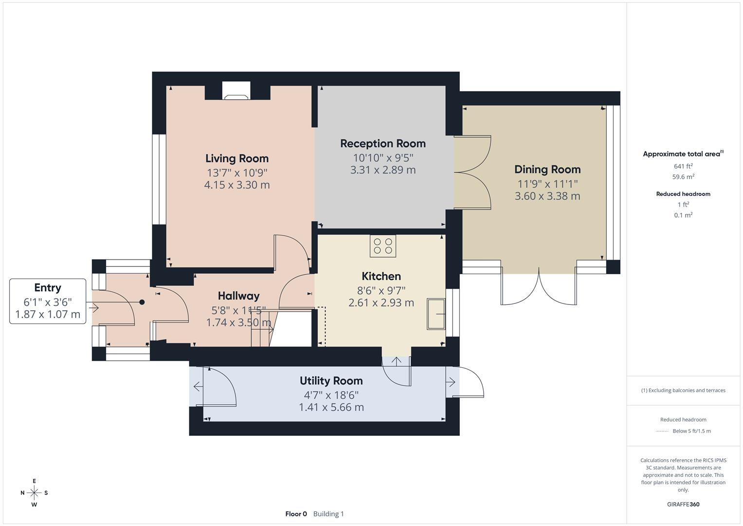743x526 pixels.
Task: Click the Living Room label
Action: point(236,158)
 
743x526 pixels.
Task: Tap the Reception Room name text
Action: point(382,144)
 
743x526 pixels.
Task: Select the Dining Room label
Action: point(547,169)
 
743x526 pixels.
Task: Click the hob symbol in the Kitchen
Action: point(383,246)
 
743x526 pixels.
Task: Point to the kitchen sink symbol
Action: point(436,314)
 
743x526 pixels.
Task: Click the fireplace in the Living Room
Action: point(236,91)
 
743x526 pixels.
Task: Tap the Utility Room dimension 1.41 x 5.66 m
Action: point(331,407)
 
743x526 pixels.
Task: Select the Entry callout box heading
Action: point(48,288)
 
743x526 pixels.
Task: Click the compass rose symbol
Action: point(34,492)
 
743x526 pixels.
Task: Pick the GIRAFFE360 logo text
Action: point(683,504)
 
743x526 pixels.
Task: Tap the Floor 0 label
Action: point(296,514)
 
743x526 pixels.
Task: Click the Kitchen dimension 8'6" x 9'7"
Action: point(381,291)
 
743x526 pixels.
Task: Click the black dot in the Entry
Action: point(142,302)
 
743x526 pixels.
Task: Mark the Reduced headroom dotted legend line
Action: point(662,431)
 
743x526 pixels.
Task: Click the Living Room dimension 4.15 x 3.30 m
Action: point(236,185)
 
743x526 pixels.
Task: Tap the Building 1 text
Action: point(328,514)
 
